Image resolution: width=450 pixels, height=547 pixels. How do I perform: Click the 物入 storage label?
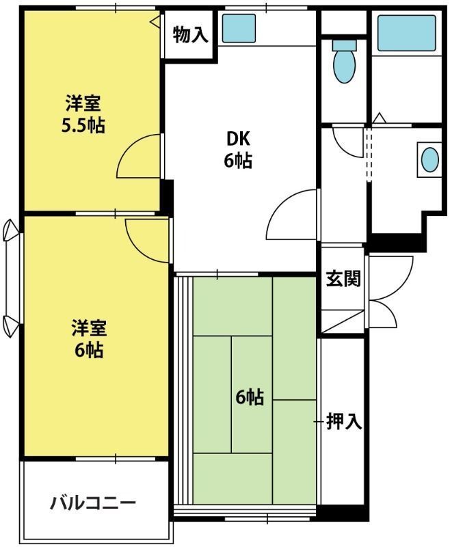point(190,35)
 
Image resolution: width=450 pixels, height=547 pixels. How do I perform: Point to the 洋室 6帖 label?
point(88,339)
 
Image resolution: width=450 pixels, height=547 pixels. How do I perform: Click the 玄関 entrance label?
point(343,278)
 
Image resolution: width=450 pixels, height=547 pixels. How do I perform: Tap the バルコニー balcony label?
point(93,504)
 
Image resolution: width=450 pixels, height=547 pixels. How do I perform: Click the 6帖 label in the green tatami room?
point(250,397)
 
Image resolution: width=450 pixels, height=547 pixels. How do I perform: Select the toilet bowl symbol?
point(343,62)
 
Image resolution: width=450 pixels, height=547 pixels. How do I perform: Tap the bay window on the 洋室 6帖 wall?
point(10,278)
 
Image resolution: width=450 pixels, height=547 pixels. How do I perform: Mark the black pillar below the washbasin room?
point(396,241)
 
